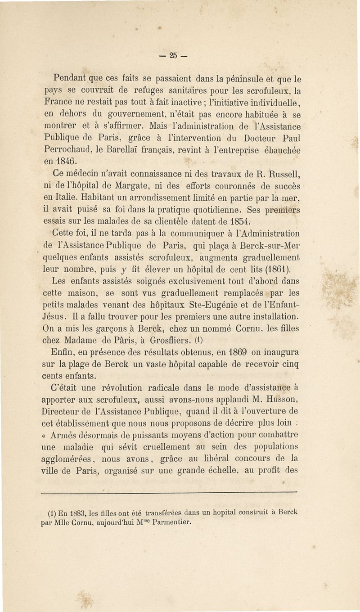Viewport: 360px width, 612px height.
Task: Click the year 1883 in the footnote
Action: pos(72,512)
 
